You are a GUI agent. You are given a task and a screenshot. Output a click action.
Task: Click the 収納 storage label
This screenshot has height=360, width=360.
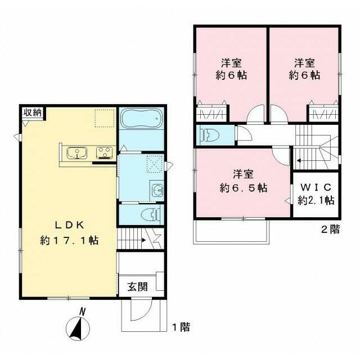coord(33,112)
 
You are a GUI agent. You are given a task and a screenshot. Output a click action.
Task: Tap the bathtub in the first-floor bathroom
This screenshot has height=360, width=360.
coord(142,119)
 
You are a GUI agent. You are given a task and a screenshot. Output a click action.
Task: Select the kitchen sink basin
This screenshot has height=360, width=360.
coord(77,152)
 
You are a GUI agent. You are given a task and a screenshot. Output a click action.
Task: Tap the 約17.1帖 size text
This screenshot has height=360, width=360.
coord(69,240)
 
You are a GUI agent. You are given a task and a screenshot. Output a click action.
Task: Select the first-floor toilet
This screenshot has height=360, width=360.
coord(151,215)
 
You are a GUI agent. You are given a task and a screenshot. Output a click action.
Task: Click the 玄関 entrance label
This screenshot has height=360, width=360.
coord(138,287)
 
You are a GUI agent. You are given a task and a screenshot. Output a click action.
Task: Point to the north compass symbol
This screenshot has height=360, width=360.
coord(78,326)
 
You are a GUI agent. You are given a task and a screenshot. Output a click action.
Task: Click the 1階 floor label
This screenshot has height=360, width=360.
coord(181,327)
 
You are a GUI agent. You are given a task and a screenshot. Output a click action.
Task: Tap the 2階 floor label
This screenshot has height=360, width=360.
coord(330,229)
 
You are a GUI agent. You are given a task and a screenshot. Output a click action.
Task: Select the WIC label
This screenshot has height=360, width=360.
coord(316,187)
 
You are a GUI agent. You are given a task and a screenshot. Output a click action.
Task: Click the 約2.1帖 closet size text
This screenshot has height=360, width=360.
coord(316,201)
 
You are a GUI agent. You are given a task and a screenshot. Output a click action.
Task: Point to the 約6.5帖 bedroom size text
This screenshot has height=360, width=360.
coord(244,188)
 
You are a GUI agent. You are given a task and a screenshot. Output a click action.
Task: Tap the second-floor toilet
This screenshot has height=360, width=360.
coord(210,135)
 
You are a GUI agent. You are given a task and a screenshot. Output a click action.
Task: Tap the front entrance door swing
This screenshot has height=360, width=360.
coord(141,309)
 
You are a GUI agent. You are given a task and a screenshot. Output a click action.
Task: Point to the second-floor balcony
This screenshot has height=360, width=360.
coord(231,231)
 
